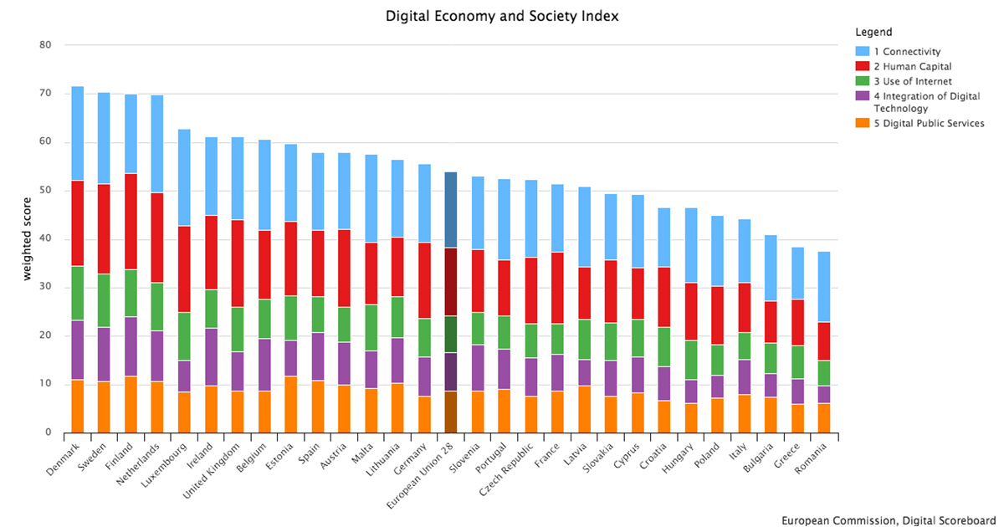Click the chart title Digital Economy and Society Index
[502, 16]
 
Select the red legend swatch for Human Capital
[862, 66]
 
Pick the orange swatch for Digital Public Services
[862, 123]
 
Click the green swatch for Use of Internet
[862, 80]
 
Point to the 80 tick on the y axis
[45, 45]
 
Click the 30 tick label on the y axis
[45, 288]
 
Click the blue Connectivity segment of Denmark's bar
[77, 133]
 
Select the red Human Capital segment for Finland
[131, 222]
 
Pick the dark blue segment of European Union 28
[450, 210]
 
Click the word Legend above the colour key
[873, 33]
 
